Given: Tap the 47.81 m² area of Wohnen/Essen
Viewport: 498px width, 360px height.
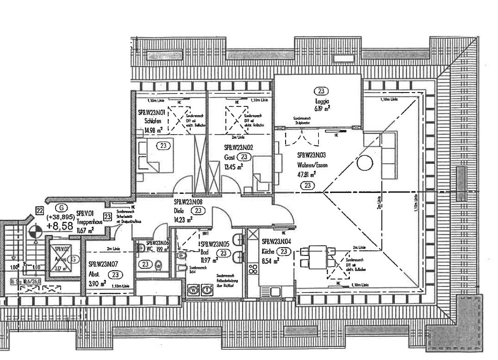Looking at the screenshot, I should click(x=306, y=174).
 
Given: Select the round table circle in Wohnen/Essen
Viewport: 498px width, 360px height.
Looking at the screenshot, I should click(x=366, y=163).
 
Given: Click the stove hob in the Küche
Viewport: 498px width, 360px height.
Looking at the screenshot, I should click(x=253, y=268).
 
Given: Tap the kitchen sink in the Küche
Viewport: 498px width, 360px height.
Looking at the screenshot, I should click(x=270, y=291).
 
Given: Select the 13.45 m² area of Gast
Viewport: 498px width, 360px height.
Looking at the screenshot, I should click(x=234, y=167).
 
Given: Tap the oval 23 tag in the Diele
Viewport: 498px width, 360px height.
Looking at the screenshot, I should click(x=198, y=211).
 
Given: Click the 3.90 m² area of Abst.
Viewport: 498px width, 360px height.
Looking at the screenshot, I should click(x=97, y=283).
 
